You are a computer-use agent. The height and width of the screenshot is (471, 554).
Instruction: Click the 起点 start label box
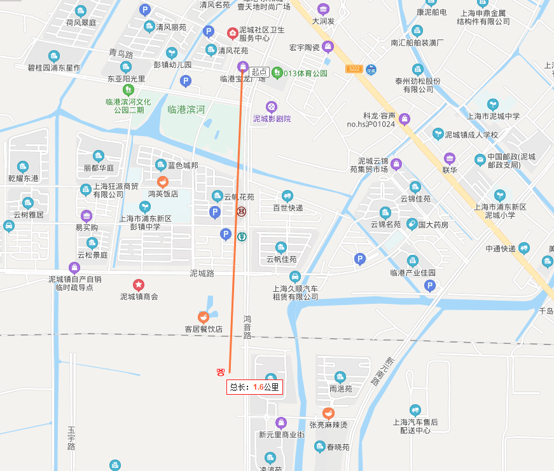pyautogui.click(x=259, y=72)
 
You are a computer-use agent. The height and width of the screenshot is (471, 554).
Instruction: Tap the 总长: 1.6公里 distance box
pyautogui.click(x=254, y=386)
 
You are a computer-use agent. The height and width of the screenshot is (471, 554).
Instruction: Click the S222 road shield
pyautogui.click(x=354, y=69)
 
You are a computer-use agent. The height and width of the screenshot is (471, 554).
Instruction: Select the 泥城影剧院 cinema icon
pyautogui.click(x=272, y=107)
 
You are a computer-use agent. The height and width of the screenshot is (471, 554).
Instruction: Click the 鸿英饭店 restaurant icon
pyautogui.click(x=162, y=182)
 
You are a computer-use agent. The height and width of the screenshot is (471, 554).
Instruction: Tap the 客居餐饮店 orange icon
pyautogui.click(x=203, y=317)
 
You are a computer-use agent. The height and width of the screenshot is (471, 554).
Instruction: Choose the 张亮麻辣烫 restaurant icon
pyautogui.click(x=328, y=413)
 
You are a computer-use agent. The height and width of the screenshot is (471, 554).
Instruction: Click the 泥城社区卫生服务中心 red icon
pyautogui.click(x=233, y=32)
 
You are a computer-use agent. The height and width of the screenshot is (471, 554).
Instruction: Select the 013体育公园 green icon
pyautogui.click(x=277, y=73)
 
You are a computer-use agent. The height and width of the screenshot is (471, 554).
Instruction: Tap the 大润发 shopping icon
pyautogui.click(x=322, y=10)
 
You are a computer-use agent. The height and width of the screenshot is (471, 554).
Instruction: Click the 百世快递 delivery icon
pyautogui.click(x=287, y=196)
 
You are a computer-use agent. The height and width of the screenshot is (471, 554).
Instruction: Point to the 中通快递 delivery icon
pyautogui.click(x=523, y=249)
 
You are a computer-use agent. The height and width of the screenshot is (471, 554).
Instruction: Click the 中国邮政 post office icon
pyautogui.click(x=480, y=160)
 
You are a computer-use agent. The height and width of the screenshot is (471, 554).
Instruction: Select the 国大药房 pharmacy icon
pyautogui.click(x=412, y=224)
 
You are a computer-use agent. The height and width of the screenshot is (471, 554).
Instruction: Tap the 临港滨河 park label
pyautogui.click(x=186, y=109)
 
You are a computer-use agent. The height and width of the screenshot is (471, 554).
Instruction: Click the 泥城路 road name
pyautogui.click(x=202, y=273)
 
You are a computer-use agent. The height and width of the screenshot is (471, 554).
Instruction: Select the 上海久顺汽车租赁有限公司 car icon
pyautogui.click(x=294, y=276)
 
